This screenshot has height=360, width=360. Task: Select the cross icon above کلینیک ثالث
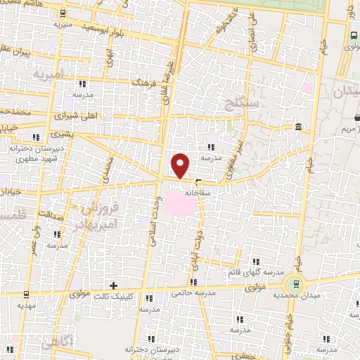(x=115, y=285)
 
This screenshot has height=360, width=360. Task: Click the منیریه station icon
(x=64, y=13)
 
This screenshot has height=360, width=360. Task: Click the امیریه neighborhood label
(x=53, y=73)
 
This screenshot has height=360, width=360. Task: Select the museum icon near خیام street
(x=299, y=127)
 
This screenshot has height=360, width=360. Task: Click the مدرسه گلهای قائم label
(x=255, y=271)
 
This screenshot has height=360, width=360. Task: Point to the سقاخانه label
(x=193, y=191)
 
